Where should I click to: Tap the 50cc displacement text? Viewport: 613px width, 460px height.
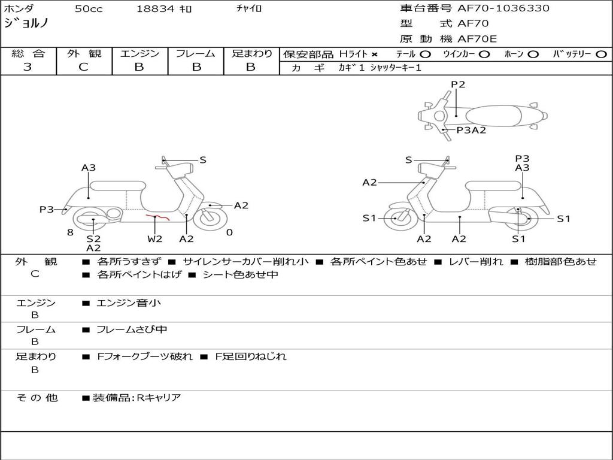(x=89, y=9)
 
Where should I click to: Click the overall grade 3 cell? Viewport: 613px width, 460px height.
(x=28, y=67)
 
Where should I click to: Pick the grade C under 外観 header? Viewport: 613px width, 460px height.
(x=83, y=67)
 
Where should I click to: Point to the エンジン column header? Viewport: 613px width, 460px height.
(x=139, y=53)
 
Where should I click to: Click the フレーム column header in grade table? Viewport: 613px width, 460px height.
(x=195, y=53)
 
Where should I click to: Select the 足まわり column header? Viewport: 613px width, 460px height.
(x=251, y=53)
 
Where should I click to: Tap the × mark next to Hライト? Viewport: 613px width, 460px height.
(x=375, y=55)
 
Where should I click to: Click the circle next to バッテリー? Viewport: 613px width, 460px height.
(x=601, y=54)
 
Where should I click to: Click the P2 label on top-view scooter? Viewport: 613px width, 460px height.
(x=458, y=84)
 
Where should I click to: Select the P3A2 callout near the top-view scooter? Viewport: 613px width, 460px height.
(x=471, y=130)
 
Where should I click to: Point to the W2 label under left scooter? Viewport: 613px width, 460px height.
(x=155, y=239)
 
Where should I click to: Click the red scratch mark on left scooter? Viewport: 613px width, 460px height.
(x=159, y=217)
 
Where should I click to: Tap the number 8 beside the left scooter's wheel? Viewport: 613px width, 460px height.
(x=70, y=232)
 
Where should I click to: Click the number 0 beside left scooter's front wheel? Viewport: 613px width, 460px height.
(x=229, y=232)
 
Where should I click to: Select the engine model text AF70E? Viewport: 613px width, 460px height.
(x=477, y=39)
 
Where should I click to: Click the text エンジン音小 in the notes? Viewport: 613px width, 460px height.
(x=129, y=303)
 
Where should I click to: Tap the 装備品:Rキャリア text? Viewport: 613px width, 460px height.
(x=136, y=397)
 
